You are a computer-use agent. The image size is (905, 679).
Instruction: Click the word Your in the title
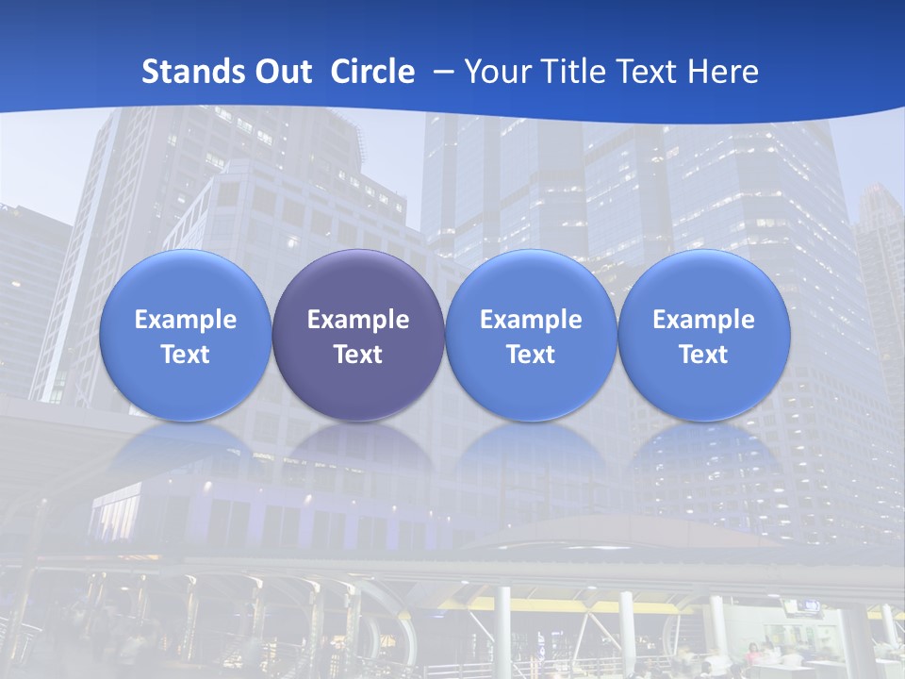click(x=495, y=72)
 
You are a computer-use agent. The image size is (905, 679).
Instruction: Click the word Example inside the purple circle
click(x=358, y=320)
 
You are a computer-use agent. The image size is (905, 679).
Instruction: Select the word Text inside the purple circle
click(x=358, y=355)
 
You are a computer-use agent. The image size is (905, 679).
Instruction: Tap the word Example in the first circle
click(x=186, y=320)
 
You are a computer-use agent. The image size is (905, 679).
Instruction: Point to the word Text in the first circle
click(x=186, y=355)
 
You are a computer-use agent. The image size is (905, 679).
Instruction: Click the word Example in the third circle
click(x=531, y=320)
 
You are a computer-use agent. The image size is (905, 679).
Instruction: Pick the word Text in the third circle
click(x=531, y=355)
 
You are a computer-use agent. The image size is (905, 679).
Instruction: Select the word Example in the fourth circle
click(x=704, y=320)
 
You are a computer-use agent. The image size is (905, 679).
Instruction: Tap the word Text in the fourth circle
click(x=704, y=355)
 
